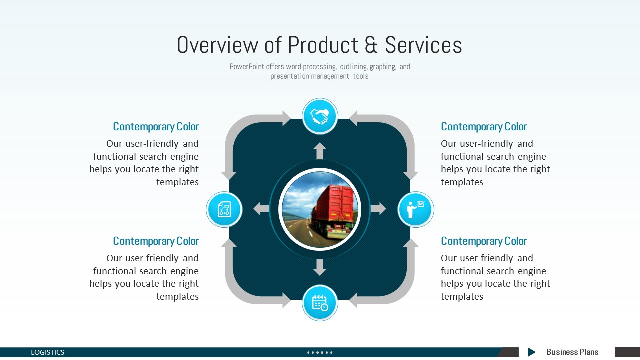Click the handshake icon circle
320,116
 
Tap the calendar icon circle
320,303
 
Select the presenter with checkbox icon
415,209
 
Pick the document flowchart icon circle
224,209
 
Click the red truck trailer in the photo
335,205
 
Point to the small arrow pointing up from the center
320,151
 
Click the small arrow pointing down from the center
320,267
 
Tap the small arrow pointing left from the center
261,209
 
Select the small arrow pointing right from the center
378,209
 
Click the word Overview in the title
217,45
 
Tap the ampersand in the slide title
371,45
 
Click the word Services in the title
423,45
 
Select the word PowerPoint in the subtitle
247,67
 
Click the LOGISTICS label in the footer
47,352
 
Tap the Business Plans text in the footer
572,352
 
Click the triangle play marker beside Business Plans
531,352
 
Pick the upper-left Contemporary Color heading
156,127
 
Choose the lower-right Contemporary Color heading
484,241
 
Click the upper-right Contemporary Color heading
484,127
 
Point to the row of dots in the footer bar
320,353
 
